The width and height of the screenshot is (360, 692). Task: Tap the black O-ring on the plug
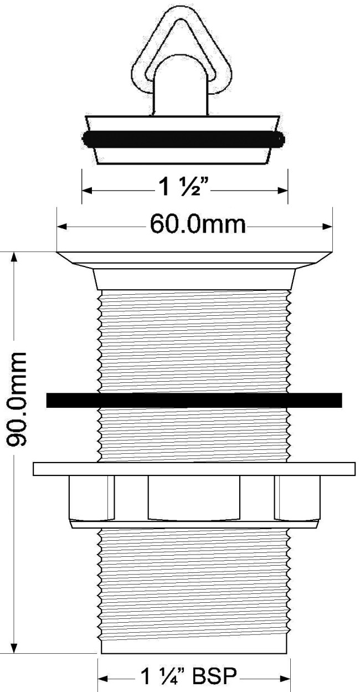coord(183,139)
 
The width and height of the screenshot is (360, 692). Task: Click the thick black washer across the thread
coord(194,400)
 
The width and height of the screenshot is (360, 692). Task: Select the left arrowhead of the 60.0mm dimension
coord(61,227)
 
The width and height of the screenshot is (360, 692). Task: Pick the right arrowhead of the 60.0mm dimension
coord(327,227)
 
